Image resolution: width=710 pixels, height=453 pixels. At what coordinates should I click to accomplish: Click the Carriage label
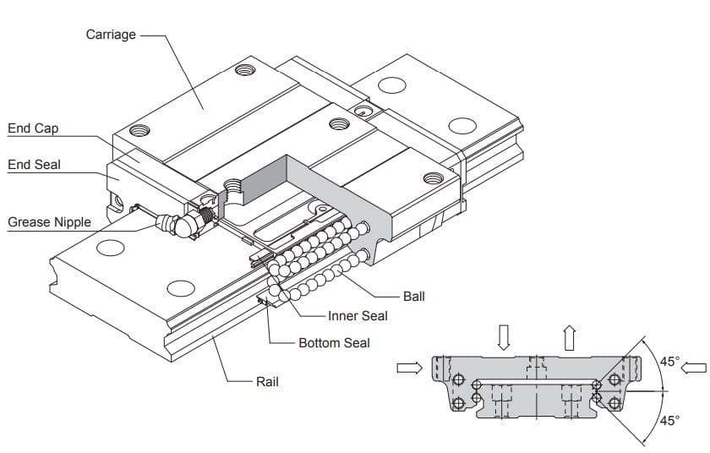pos(111,35)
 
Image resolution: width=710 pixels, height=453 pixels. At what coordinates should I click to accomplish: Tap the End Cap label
pos(33,128)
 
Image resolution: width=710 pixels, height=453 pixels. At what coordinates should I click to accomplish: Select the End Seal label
pos(34,165)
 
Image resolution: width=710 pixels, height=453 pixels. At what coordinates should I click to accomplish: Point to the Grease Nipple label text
pos(49,222)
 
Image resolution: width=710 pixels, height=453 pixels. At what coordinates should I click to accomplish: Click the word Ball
pos(414,297)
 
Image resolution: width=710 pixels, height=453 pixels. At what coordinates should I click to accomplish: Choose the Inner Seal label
pos(358,316)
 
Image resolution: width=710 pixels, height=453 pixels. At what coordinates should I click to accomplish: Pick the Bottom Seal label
pos(334,343)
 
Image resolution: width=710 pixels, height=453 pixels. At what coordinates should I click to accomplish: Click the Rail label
pos(267,382)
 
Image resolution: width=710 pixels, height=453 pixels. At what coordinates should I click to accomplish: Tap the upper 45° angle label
pos(669,362)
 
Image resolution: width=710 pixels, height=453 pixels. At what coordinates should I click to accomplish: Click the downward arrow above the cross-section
pos(505,337)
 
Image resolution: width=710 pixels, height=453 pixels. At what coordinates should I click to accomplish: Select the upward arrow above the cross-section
pos(569,337)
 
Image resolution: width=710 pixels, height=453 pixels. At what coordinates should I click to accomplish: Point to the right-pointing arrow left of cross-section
pos(408,368)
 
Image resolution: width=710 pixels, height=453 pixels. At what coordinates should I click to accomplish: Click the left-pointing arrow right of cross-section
pos(694,368)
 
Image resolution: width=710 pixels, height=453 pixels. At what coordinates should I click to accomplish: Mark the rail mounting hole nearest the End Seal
pos(110,248)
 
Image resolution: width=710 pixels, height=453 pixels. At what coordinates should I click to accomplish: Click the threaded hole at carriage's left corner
pos(141,130)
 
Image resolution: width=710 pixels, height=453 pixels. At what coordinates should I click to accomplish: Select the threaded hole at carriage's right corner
pos(433,178)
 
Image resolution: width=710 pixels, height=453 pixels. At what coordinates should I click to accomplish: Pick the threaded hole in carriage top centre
pos(339,123)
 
